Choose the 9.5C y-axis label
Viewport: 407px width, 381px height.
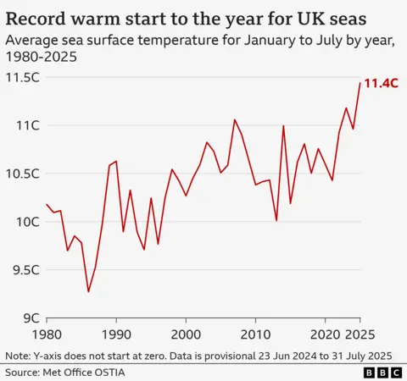(25, 270)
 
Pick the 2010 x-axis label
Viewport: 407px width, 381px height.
(255, 333)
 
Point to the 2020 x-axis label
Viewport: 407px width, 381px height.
(325, 333)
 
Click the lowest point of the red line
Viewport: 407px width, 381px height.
(88, 292)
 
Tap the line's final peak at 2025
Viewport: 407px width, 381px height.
(360, 83)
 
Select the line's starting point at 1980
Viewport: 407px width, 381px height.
(47, 204)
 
